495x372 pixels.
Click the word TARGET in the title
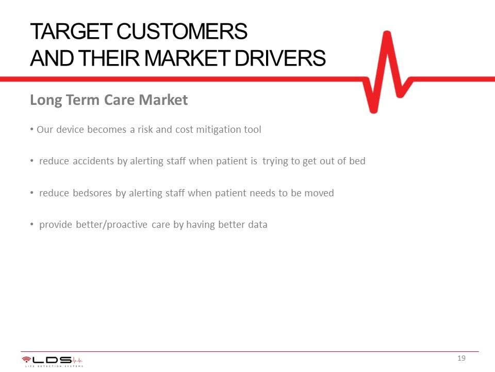71,32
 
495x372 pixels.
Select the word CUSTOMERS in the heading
182,32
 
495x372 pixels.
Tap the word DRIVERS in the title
280,58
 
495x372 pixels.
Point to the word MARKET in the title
187,58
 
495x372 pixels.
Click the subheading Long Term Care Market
109,100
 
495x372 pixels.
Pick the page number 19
461,358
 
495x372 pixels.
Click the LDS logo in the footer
53,361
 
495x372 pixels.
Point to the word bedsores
92,193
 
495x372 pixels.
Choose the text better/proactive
111,225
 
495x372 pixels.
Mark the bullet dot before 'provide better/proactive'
32,224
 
